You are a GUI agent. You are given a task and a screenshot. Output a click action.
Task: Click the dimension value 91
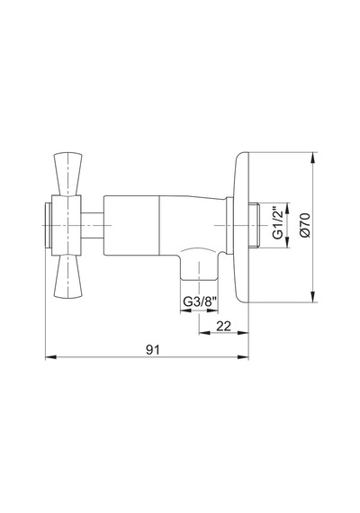152,350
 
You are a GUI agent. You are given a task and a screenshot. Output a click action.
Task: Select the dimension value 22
224,326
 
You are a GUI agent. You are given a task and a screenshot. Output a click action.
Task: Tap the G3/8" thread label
200,301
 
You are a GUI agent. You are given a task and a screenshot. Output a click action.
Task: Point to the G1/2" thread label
277,222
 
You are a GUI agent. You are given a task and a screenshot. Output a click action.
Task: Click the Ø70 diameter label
305,225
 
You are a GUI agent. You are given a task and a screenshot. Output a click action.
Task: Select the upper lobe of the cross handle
68,174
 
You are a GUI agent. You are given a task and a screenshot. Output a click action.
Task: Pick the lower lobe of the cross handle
68,276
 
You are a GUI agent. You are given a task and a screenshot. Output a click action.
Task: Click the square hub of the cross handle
67,225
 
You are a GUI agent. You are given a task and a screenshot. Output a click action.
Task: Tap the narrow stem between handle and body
93,225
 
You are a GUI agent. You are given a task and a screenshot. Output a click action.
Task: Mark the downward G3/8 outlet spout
199,265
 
